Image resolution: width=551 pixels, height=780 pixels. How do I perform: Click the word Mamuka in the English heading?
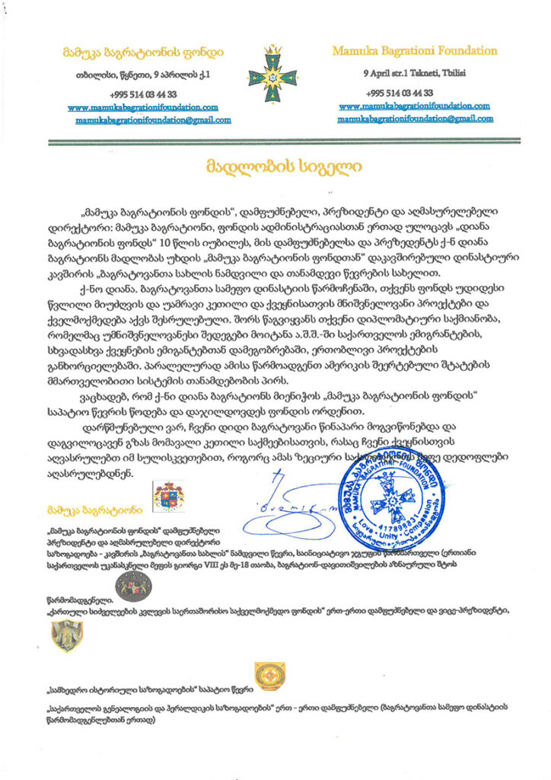pos(358,51)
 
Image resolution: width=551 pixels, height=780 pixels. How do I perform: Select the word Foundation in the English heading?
pos(462,51)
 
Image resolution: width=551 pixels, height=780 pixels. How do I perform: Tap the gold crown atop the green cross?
pos(272,50)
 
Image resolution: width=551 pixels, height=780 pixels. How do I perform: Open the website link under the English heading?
pos(415,106)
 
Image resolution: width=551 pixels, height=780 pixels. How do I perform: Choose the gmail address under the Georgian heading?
pos(153,120)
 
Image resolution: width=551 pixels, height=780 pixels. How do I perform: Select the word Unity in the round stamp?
pos(390,533)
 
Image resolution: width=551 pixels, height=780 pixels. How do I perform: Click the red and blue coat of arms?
pos(169,497)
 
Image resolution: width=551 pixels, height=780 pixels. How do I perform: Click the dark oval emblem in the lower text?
pos(134,587)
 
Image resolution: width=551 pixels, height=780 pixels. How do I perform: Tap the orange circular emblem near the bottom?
pos(269,675)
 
